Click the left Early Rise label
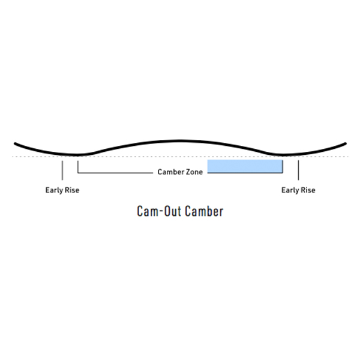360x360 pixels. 62,190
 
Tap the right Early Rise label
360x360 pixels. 298,190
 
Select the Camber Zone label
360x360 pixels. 180,172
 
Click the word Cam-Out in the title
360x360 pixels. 159,211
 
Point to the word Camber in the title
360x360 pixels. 204,211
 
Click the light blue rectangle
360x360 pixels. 245,166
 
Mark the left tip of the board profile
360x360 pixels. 15,144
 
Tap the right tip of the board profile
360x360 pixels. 346,144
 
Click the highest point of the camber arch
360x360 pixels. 180,140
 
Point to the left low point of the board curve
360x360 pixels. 77,155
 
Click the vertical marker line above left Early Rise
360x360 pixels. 62,170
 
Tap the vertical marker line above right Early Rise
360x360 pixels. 298,170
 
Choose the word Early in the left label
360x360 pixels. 54,190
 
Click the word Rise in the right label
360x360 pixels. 308,190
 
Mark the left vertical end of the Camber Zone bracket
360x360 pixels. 78,167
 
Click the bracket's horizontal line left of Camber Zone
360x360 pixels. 115,172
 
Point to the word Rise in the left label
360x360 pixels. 72,190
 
